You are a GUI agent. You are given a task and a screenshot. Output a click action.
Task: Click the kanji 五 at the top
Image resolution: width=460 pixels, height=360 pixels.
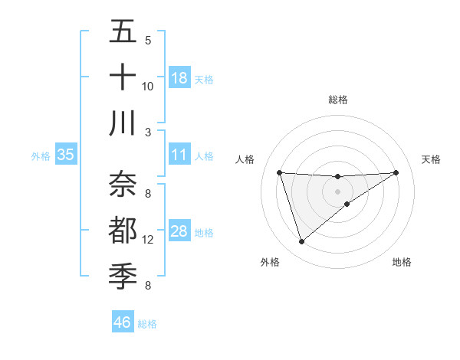pyautogui.click(x=123, y=32)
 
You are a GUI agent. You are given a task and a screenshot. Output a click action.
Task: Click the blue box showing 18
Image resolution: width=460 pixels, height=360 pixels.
pyautogui.click(x=179, y=78)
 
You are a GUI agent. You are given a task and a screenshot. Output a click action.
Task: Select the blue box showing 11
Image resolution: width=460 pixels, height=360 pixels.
pyautogui.click(x=179, y=155)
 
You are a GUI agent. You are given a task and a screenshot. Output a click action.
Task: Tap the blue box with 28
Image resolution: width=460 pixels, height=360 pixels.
pyautogui.click(x=179, y=231)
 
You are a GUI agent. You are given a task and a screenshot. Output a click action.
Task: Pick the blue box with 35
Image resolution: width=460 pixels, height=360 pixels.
pyautogui.click(x=65, y=155)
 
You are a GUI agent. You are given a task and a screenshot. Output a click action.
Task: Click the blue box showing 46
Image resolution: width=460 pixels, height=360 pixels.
pyautogui.click(x=122, y=322)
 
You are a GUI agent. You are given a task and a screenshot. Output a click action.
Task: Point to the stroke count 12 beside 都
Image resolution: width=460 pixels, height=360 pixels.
pyautogui.click(x=148, y=240)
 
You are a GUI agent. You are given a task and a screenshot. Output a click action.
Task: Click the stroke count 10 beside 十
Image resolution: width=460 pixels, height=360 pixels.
pyautogui.click(x=148, y=86)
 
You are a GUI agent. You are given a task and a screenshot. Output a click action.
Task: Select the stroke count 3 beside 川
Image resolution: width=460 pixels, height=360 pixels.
pyautogui.click(x=148, y=131)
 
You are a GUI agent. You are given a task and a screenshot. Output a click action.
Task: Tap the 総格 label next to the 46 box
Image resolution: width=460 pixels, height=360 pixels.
pyautogui.click(x=147, y=324)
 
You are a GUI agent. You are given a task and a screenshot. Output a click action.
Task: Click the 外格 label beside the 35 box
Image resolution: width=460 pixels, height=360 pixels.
pyautogui.click(x=41, y=156)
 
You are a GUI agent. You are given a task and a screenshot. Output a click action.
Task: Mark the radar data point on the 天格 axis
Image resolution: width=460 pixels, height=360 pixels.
pyautogui.click(x=396, y=172)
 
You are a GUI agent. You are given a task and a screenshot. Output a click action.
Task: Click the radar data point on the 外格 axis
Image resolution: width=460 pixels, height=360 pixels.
pyautogui.click(x=301, y=242)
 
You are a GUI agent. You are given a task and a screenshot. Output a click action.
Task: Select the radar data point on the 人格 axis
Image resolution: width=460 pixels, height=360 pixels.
pyautogui.click(x=280, y=172)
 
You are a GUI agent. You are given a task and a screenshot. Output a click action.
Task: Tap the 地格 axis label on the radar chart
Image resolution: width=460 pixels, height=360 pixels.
pyautogui.click(x=402, y=262)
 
